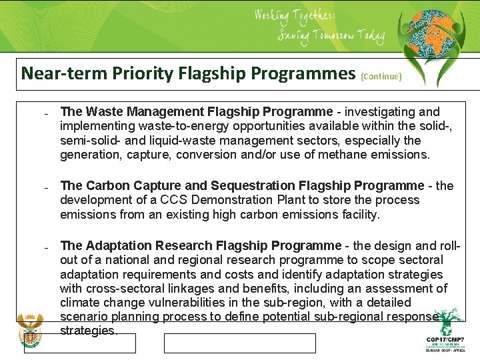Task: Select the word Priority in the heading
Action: coord(129,73)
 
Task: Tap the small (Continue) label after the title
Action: coord(381,77)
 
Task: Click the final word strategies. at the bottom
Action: coord(89,331)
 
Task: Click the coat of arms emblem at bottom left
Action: coord(29,331)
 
